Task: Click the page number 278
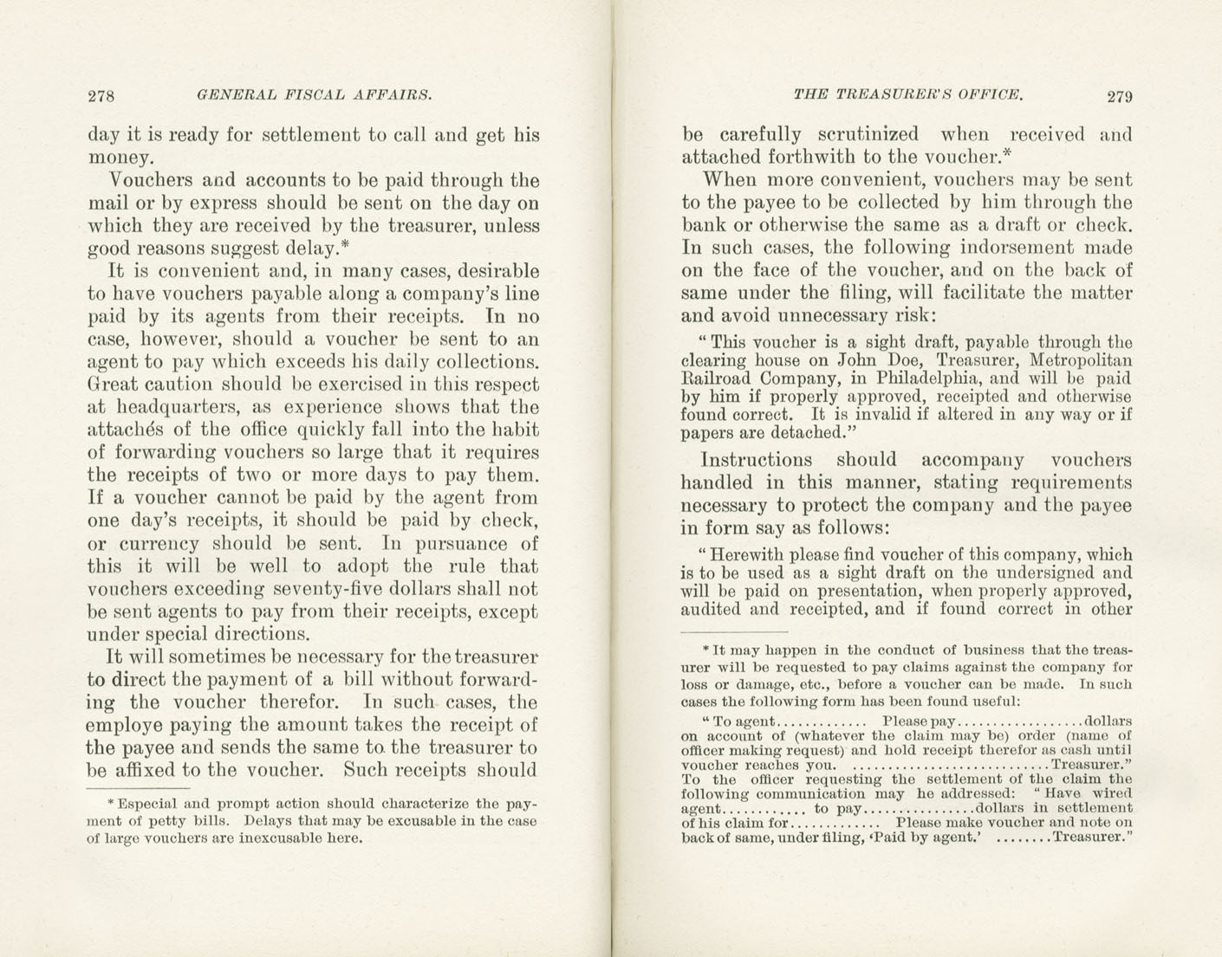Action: tap(101, 95)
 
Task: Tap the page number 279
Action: tap(1119, 96)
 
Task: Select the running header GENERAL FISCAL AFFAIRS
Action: tap(314, 94)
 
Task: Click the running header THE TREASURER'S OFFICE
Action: tap(908, 94)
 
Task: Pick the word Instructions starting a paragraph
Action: tap(756, 460)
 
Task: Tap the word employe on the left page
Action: tap(127, 725)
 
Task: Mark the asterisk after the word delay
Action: tap(345, 247)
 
